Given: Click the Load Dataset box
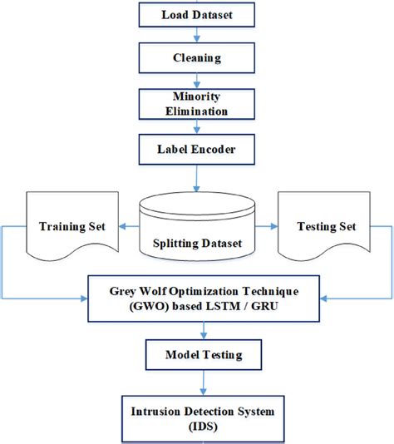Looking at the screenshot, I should [x=197, y=14].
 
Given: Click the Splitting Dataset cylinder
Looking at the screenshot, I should [x=197, y=233].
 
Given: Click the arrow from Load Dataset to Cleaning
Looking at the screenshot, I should [x=197, y=37].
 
